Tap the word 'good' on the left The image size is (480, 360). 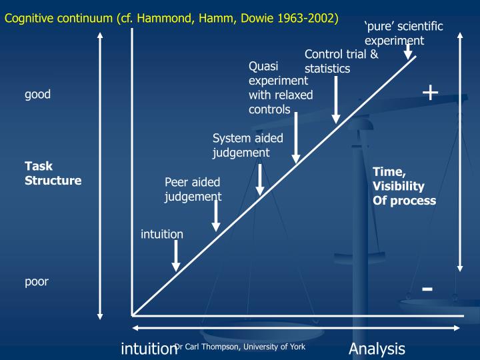point(37,94)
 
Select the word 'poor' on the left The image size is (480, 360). point(37,281)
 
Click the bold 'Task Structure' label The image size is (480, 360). point(53,173)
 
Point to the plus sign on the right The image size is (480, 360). point(431,92)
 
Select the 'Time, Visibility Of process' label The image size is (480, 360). point(404,186)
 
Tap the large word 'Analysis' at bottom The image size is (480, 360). point(376,349)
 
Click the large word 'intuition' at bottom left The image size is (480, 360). point(147,349)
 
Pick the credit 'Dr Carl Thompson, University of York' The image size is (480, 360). point(240,346)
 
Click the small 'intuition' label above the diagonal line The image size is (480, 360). point(161,234)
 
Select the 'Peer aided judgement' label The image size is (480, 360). point(193,189)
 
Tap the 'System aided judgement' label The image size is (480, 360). point(247,145)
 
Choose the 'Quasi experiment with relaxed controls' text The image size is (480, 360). point(280,88)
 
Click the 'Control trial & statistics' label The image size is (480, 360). point(341,61)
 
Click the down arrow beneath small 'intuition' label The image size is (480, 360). point(176,256)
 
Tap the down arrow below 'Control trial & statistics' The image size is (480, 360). point(336,100)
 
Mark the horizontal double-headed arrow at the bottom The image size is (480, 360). point(297,328)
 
